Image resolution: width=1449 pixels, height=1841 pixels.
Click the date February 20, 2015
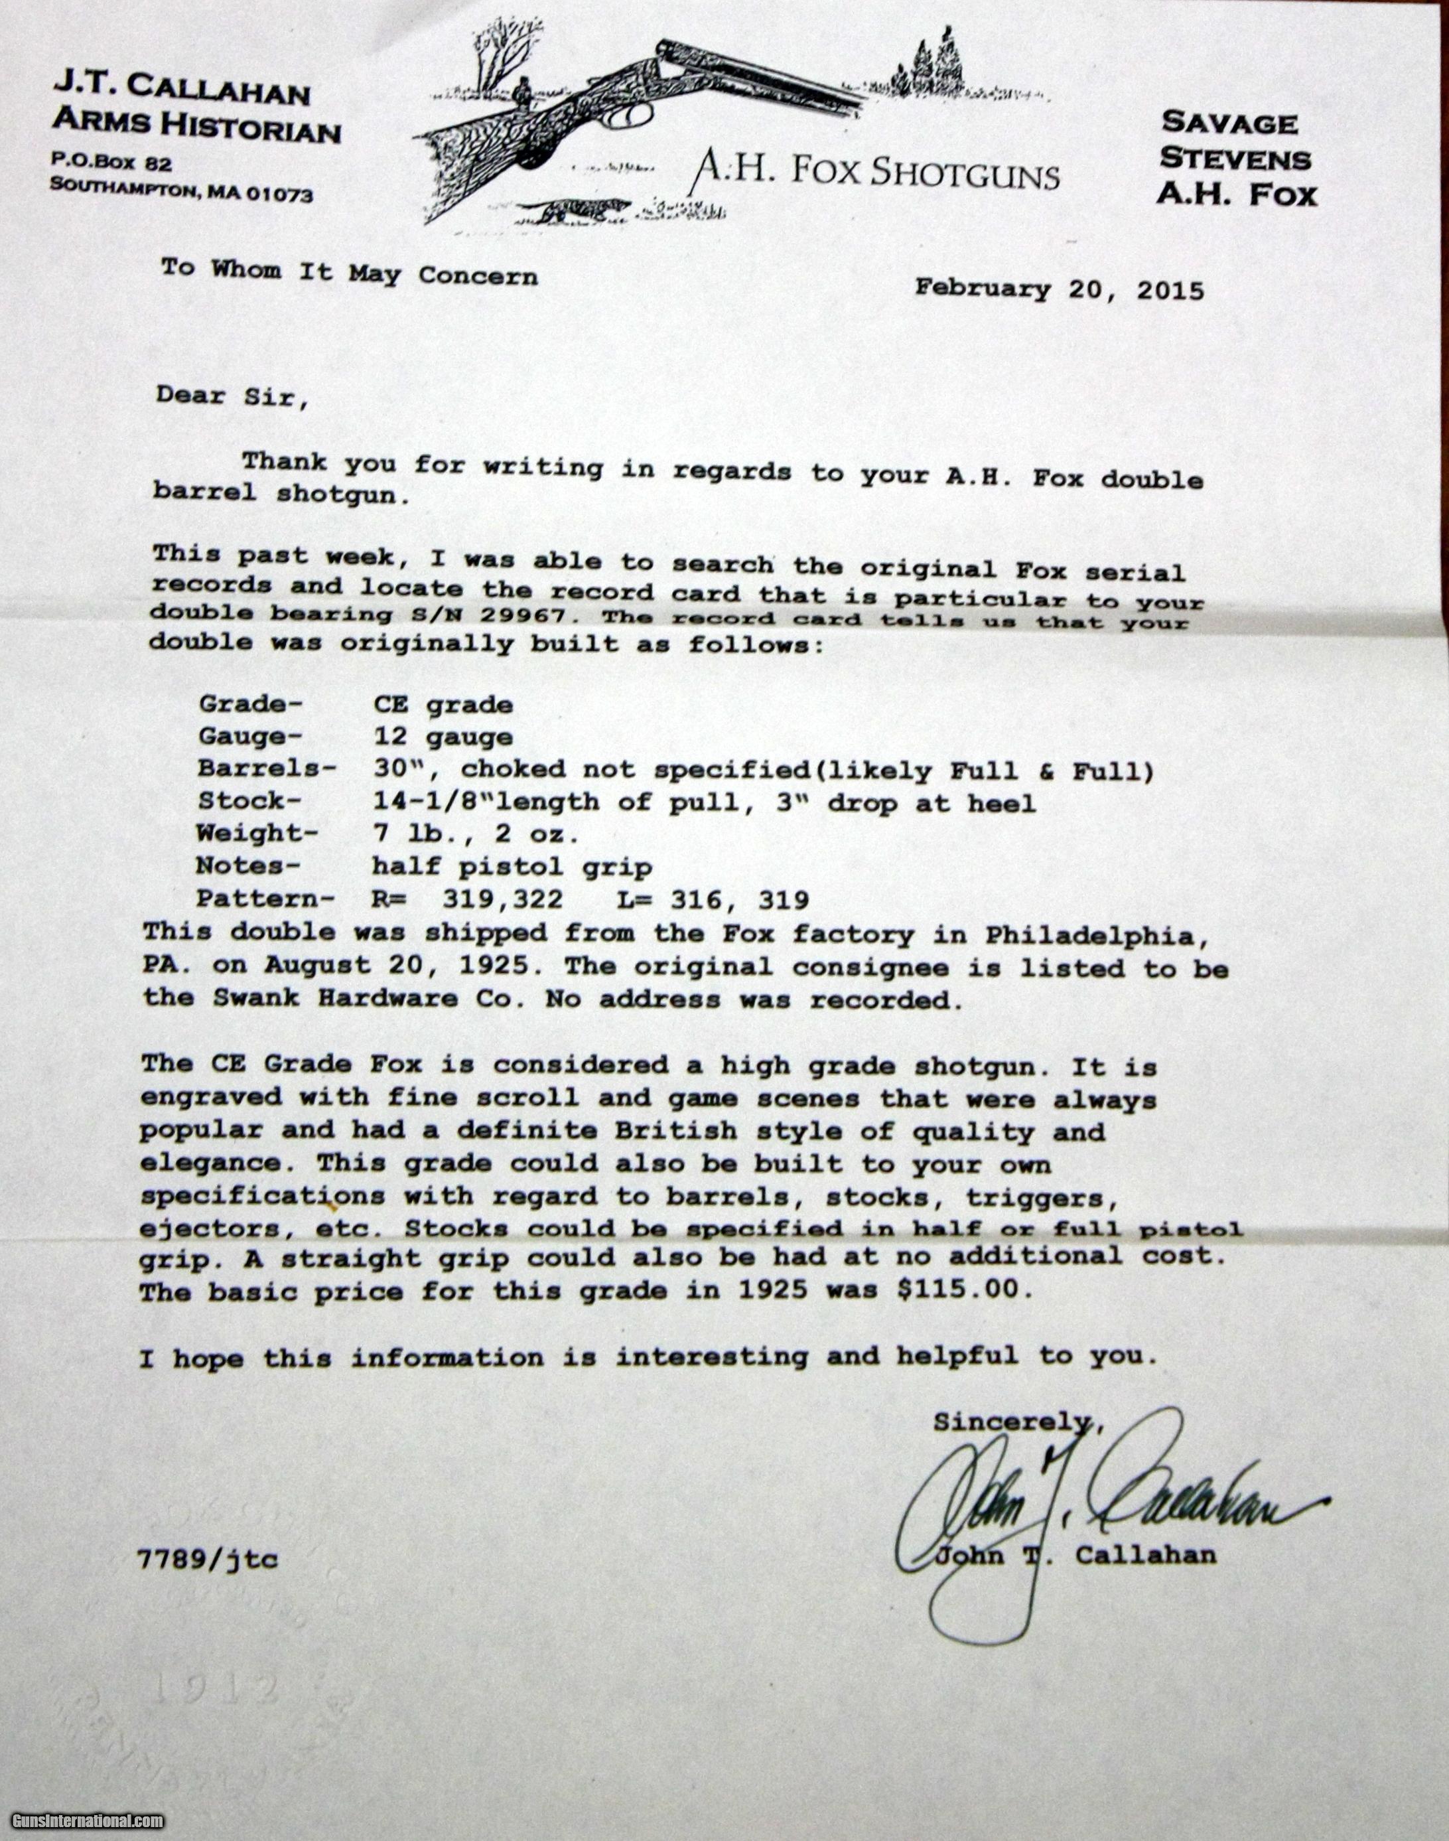(x=1059, y=290)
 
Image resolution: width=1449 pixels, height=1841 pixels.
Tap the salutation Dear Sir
(x=231, y=396)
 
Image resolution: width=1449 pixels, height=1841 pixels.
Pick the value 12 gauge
(x=442, y=737)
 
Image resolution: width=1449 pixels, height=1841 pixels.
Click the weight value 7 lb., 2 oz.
(x=476, y=834)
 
